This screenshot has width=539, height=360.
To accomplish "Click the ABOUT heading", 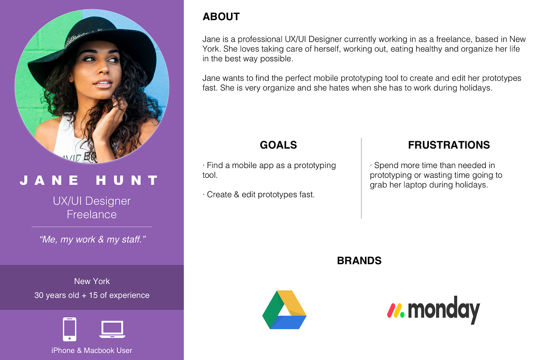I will coord(221,17).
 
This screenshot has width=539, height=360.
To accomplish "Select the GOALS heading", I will coord(278,145).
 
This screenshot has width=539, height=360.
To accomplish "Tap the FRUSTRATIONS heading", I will coord(449,145).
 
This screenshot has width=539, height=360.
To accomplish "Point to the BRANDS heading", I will coord(359,261).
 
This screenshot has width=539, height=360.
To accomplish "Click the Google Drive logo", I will coord(284,310).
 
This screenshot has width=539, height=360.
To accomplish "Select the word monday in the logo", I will coord(444,309).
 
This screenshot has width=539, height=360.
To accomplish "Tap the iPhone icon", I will coord(70,329).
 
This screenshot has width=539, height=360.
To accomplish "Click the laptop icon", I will coord(112,330).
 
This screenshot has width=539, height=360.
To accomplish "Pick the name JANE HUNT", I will coord(89,180).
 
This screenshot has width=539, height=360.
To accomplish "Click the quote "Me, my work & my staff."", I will coord(92,239).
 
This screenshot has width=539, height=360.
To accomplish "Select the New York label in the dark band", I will coord(92,281).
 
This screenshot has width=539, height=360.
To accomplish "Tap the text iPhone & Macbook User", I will coord(92,350).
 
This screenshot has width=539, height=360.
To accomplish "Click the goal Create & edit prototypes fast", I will coord(261,194).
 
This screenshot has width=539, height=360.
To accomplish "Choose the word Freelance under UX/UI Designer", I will coord(92,214).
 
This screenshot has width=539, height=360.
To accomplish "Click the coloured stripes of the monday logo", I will coord(395,311).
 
